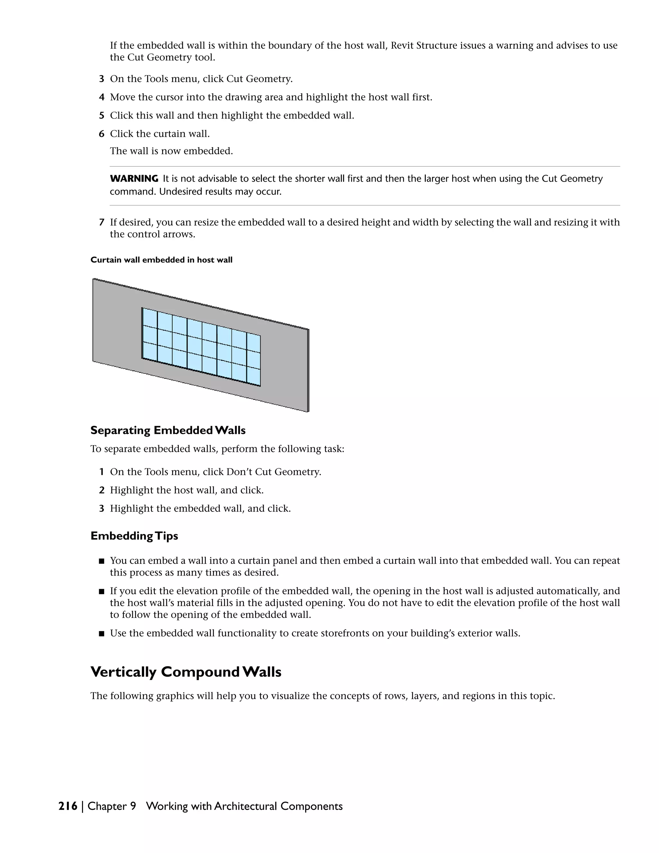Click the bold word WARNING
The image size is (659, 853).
coord(134,179)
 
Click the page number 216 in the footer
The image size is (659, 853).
coord(68,806)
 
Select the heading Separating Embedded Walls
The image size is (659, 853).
coord(168,430)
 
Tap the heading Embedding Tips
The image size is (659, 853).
coord(134,536)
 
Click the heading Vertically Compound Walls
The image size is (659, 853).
coord(186,672)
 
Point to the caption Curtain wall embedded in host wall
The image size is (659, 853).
coord(161,260)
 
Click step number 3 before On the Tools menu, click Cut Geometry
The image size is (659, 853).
coord(101,79)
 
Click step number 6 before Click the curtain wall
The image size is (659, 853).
coord(101,134)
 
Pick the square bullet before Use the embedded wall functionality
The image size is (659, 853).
coord(101,633)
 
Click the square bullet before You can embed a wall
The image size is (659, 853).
coord(101,561)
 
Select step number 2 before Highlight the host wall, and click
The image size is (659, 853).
coord(101,491)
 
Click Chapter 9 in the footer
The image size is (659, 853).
coord(112,806)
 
